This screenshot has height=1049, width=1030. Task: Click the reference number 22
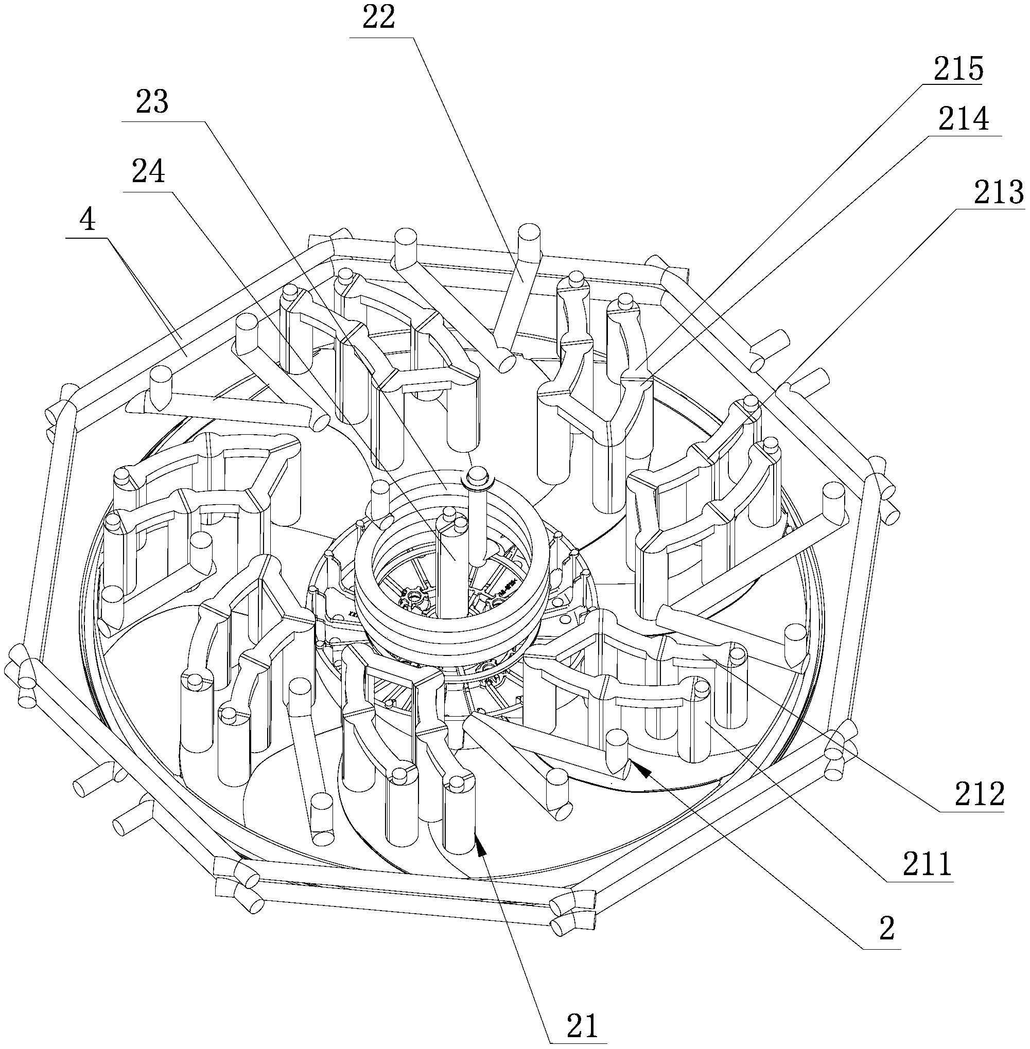(x=379, y=18)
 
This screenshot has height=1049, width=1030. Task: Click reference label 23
(x=151, y=102)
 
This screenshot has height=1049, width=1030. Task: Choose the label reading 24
(x=148, y=171)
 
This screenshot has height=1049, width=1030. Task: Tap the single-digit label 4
(x=87, y=220)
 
